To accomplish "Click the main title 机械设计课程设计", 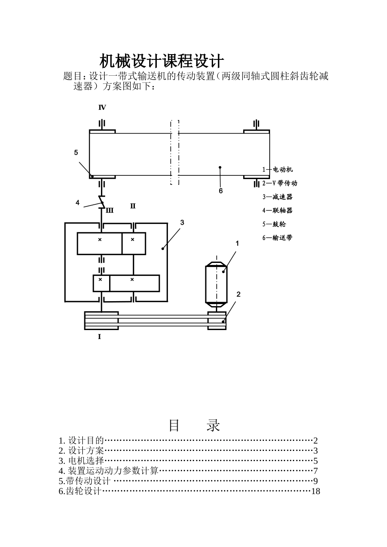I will pos(162,61).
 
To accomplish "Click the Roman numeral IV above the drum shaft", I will pos(102,107).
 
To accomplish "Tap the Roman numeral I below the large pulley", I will pos(99,337).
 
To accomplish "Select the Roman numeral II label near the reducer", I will pos(132,206).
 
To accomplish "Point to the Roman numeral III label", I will pos(110,211).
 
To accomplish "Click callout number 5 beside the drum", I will pos(76,153).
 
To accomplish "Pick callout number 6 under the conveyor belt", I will pos(221,190).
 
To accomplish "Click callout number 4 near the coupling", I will pos(77,203).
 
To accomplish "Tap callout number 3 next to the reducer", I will pos(182,222).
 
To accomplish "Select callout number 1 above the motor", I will pos(237,243).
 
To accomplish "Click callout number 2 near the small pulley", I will pos(238,294).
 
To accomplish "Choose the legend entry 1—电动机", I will pos(277,169).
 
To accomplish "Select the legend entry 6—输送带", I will pos(277,238).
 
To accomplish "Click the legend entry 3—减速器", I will pos(277,197).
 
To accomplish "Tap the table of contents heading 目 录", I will pos(194,425).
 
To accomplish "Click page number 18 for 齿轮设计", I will pos(315,491).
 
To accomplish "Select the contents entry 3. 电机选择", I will pos(81,461).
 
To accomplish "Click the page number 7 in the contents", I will pos(315,471).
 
